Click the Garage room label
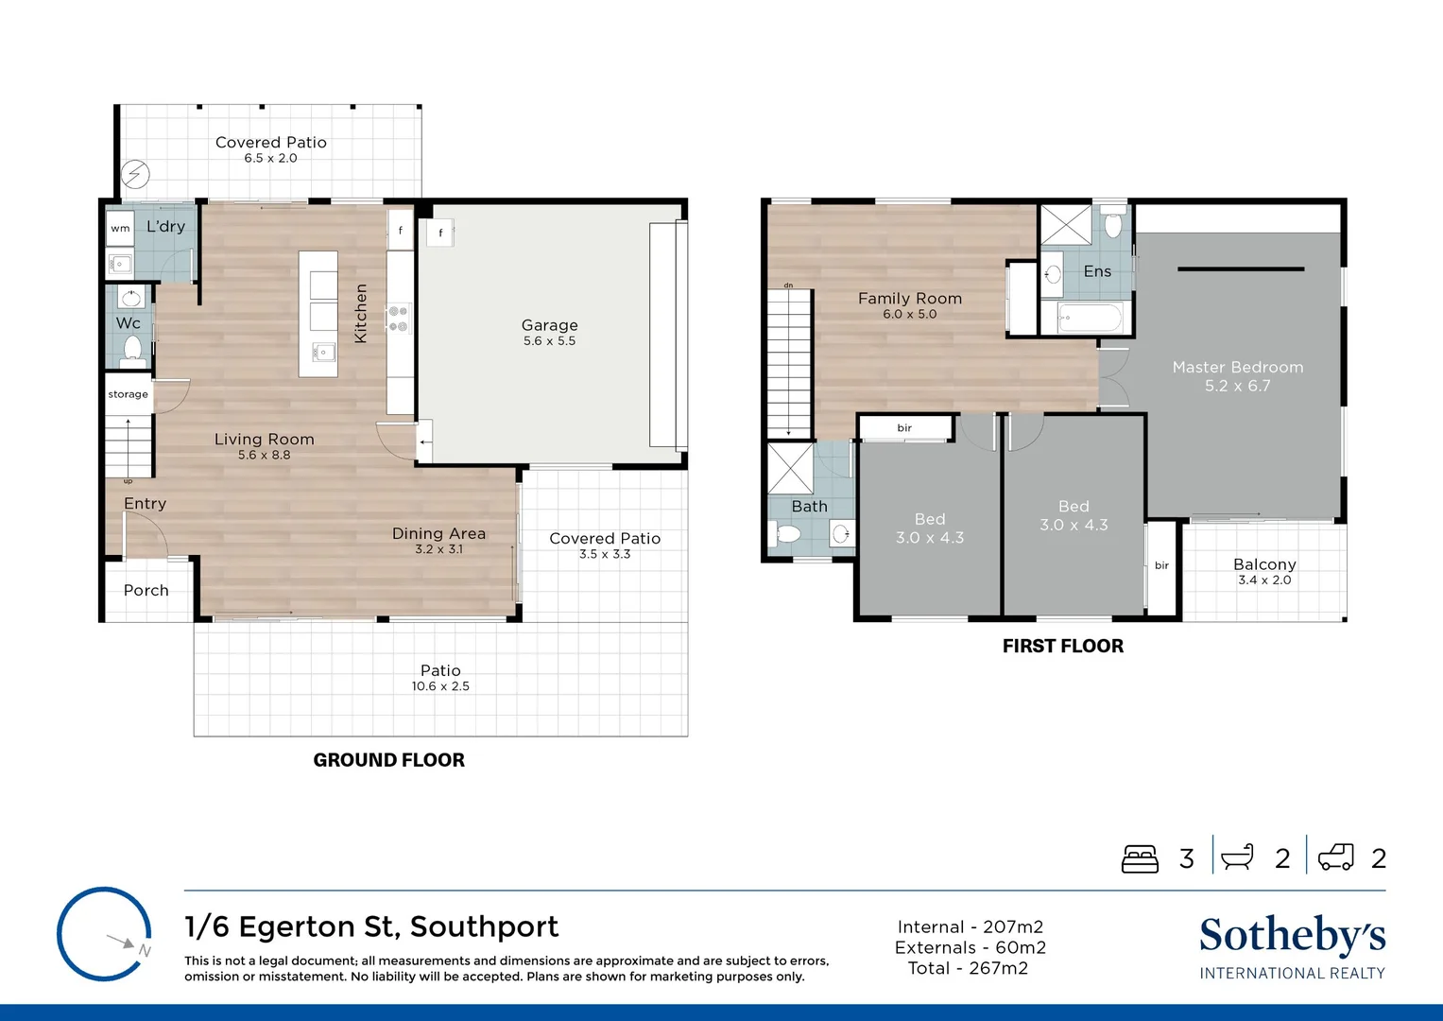tap(549, 325)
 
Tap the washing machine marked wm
tap(120, 228)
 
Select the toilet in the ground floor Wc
tap(132, 349)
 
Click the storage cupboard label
tap(128, 394)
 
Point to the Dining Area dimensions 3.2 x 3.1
tap(438, 549)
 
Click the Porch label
tap(146, 590)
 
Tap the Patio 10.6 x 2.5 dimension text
tap(440, 686)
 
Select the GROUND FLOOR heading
tap(388, 760)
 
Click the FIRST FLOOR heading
tap(1062, 647)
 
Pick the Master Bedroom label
tap(1237, 367)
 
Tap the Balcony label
tap(1263, 564)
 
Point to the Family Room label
tap(909, 298)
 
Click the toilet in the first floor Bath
tap(786, 534)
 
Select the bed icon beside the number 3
tap(1140, 858)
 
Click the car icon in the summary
tap(1335, 857)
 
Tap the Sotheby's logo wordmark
tap(1292, 936)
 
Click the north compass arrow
tap(122, 942)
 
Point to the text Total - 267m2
tap(968, 968)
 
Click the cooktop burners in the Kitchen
tap(399, 318)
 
